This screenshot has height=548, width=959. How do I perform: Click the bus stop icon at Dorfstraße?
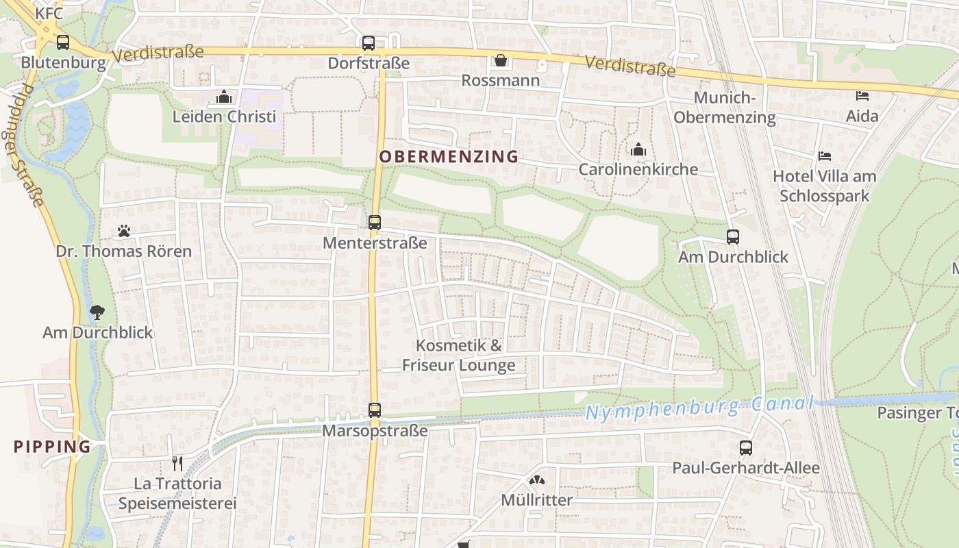tap(369, 43)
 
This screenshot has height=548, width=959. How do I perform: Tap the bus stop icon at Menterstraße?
tap(374, 222)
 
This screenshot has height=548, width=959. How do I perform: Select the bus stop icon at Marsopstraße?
tap(374, 410)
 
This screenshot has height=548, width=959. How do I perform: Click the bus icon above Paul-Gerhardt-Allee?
tap(745, 448)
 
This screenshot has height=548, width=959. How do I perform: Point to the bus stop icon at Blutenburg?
tap(63, 42)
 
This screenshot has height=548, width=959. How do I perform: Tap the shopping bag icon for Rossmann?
tap(501, 61)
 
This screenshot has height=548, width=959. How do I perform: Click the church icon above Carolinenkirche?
tap(638, 149)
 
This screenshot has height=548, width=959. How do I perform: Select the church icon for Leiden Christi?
tap(224, 97)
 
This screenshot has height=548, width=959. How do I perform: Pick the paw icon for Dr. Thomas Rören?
tap(124, 232)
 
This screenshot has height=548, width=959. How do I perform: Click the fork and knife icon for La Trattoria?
tap(177, 464)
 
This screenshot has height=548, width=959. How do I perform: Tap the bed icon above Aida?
tap(862, 96)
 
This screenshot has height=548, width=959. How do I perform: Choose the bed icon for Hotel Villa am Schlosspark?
tap(825, 157)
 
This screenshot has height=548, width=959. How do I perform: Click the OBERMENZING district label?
tap(449, 157)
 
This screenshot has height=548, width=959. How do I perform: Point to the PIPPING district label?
tap(53, 447)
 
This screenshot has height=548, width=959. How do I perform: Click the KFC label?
tap(49, 13)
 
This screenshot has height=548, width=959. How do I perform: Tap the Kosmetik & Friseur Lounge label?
tap(459, 355)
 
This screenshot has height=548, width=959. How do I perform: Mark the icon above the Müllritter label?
tap(537, 481)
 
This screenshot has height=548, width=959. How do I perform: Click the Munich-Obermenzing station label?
tap(725, 108)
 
